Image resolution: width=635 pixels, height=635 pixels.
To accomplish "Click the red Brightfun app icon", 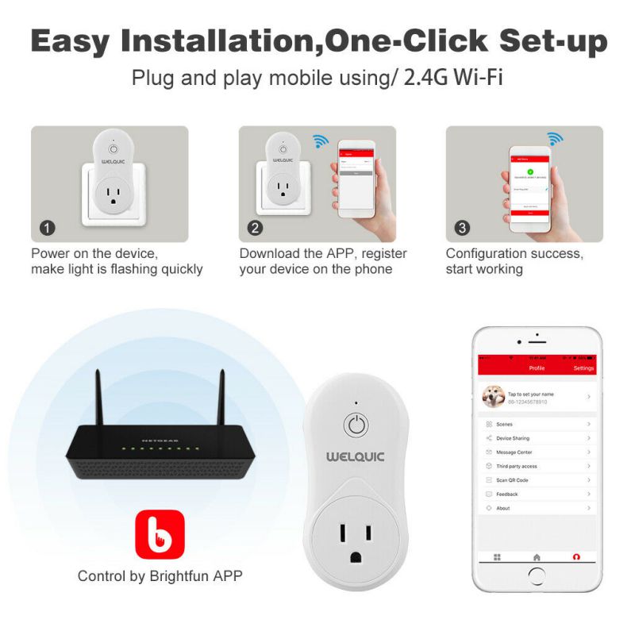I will point(160,534).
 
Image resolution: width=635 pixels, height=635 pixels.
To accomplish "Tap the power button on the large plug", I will point(356,425).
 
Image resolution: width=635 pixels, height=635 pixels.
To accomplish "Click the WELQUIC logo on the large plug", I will point(356,457).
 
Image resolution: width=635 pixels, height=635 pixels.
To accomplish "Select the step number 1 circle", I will point(48,229).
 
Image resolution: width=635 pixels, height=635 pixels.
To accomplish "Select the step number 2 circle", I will point(256,229).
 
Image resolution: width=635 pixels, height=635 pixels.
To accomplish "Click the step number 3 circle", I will point(462,229).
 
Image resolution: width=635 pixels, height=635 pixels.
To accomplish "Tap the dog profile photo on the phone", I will point(494,397).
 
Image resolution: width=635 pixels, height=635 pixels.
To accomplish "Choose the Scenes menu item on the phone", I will point(504,425).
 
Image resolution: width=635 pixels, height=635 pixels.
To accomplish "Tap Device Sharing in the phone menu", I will point(512,438).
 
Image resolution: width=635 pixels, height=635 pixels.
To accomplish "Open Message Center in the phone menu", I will point(514,452).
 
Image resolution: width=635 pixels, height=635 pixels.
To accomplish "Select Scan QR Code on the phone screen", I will point(512,480).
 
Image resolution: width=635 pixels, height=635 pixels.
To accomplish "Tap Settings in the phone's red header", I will point(583,368).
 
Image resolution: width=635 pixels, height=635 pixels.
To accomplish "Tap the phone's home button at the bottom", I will point(537,579).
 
